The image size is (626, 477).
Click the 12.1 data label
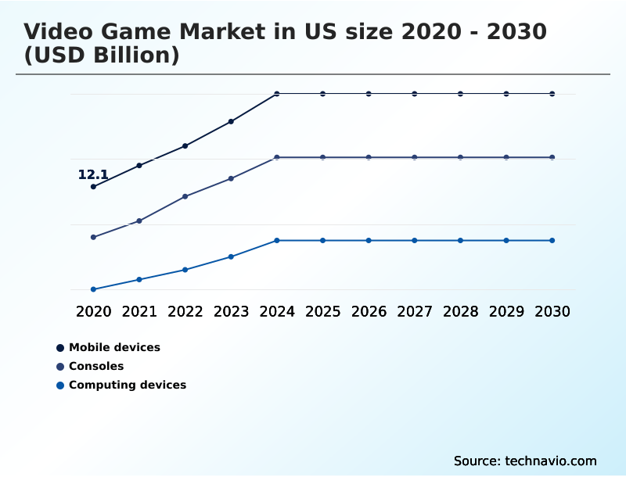(x=92, y=175)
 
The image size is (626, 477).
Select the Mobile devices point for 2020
(x=93, y=187)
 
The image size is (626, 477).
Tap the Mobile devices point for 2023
(x=231, y=121)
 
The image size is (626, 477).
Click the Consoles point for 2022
(x=185, y=196)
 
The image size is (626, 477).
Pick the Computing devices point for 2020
(x=93, y=289)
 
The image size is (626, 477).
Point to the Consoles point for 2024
(x=277, y=157)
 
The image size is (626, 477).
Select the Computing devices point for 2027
(x=415, y=240)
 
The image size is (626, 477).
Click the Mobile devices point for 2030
(x=552, y=94)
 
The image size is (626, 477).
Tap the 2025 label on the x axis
(x=322, y=311)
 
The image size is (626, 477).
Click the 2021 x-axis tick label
(x=139, y=311)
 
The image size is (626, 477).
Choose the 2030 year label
(x=552, y=311)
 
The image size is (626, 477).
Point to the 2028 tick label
(x=460, y=311)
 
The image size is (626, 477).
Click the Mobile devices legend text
(x=114, y=347)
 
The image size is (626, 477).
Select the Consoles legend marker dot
(x=60, y=366)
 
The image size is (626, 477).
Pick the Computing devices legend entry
(x=127, y=385)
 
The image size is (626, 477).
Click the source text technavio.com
(x=525, y=461)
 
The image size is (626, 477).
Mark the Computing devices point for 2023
(x=231, y=256)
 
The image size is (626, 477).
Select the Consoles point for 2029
(x=506, y=157)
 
